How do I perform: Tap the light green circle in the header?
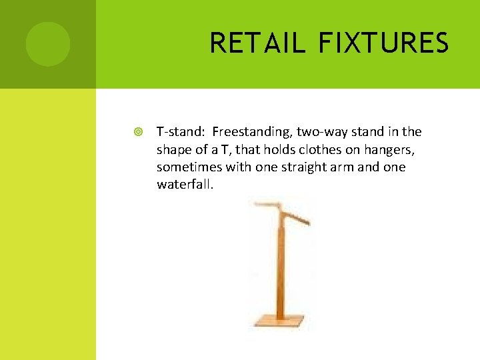[x=48, y=44]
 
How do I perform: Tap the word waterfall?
[x=185, y=184]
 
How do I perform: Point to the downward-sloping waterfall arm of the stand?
[x=297, y=217]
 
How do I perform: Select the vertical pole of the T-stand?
[x=281, y=267]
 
